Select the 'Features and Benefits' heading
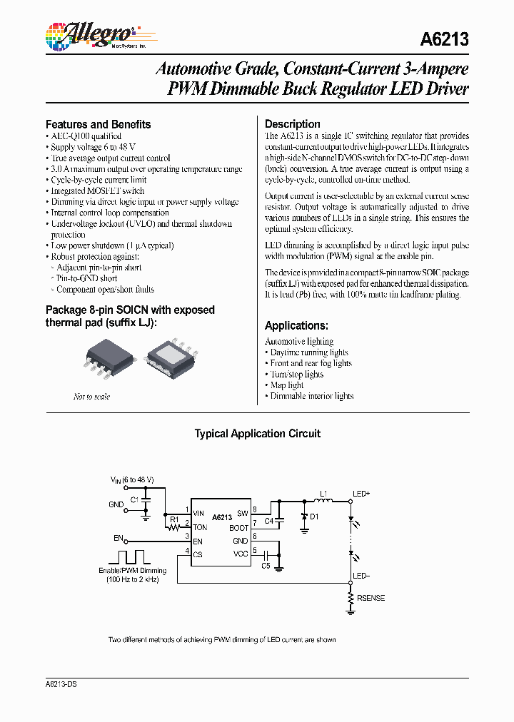(x=99, y=124)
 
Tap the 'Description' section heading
(x=293, y=124)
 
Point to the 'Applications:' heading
(x=296, y=325)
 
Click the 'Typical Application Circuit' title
(x=258, y=434)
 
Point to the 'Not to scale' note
(x=92, y=397)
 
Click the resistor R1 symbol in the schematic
(x=171, y=528)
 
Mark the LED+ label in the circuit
(x=361, y=493)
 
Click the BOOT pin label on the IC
(x=238, y=528)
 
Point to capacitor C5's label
(x=265, y=566)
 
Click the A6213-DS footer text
(x=61, y=684)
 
